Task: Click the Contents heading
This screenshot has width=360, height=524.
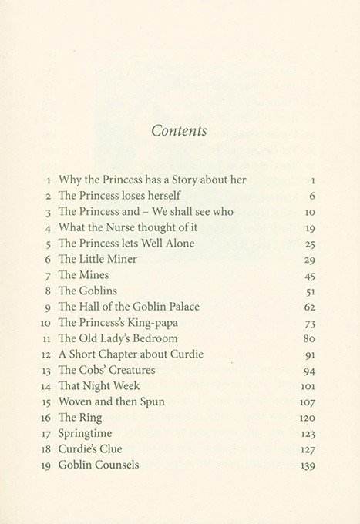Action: point(179,130)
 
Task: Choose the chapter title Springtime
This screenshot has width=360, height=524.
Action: point(87,434)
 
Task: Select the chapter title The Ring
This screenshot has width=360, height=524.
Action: point(80,418)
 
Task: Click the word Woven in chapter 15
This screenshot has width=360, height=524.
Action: point(77,402)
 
